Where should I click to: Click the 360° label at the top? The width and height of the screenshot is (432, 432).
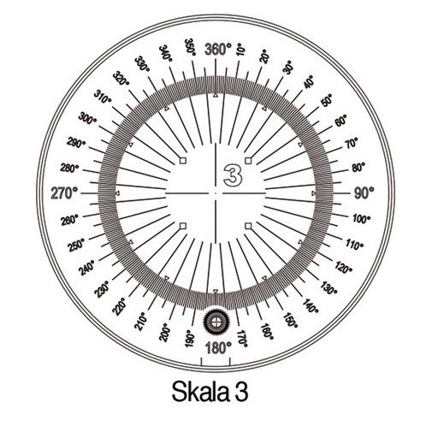tap(218, 50)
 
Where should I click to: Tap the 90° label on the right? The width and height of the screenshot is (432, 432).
tap(364, 193)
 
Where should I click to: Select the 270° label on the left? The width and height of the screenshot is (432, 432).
tap(64, 193)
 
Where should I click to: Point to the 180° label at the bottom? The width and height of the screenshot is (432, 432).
tap(218, 348)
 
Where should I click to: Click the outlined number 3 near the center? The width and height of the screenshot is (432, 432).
tap(233, 175)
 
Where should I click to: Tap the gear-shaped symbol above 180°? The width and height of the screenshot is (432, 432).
tap(216, 323)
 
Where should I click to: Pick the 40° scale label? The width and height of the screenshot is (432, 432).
tap(309, 82)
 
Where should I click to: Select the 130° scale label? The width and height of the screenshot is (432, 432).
tap(329, 288)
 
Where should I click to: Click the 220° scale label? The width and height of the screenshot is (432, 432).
tap(119, 307)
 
